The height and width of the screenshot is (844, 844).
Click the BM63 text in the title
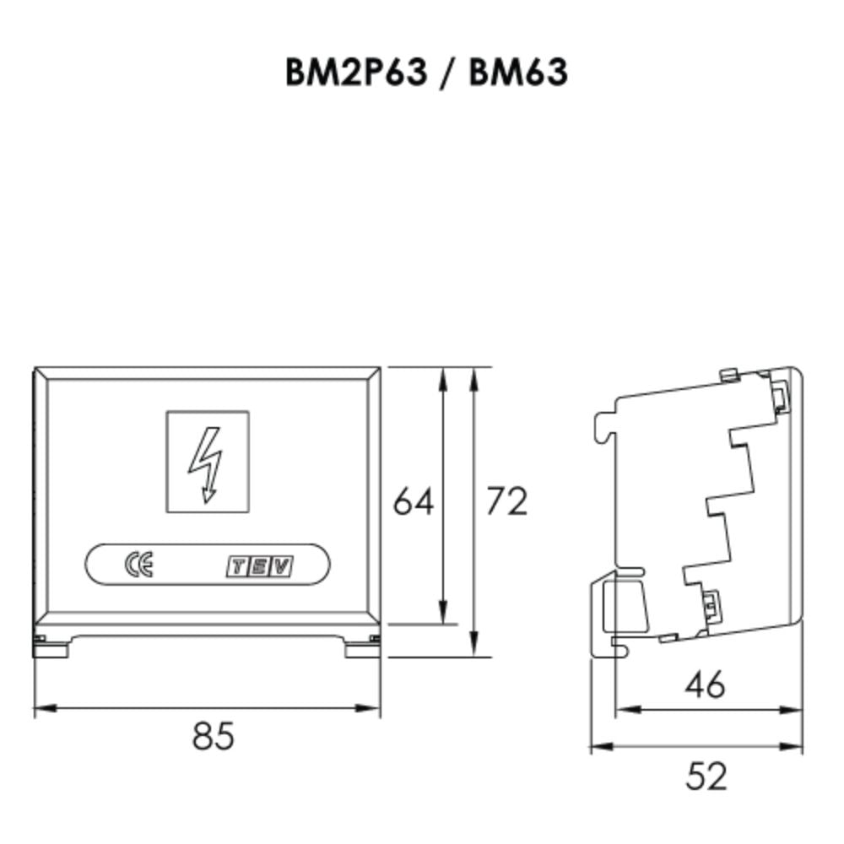tap(518, 73)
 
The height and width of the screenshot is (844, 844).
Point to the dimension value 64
tap(414, 502)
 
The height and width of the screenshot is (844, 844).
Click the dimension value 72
tap(506, 501)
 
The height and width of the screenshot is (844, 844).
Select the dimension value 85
tap(212, 736)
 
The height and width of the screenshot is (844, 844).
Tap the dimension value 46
tap(706, 684)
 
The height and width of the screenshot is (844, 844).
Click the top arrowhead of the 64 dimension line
tap(441, 377)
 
